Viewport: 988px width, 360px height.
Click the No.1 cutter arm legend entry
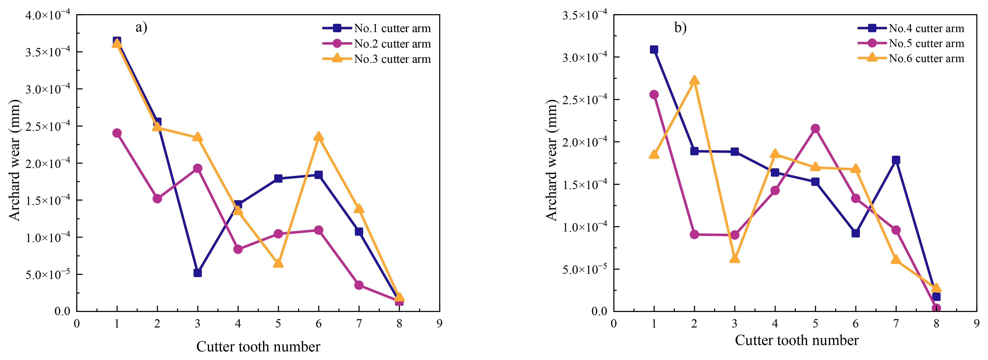pos(392,28)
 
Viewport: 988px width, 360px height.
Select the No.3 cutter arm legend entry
pos(392,59)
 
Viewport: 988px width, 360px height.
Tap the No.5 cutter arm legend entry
pos(926,43)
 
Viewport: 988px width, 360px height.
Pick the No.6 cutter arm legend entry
pos(926,58)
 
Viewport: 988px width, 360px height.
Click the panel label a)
pos(141,27)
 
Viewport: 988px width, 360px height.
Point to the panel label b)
pos(680,27)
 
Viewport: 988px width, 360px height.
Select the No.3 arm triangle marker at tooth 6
pos(318,136)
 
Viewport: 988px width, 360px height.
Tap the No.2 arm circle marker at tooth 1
pos(117,133)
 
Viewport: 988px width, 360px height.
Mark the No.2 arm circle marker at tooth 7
pos(359,285)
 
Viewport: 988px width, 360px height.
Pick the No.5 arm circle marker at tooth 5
pos(815,129)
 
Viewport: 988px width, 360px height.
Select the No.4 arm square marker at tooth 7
pos(896,160)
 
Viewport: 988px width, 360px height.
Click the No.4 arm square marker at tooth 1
pos(654,49)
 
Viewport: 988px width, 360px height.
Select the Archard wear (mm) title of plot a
pos(15,160)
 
